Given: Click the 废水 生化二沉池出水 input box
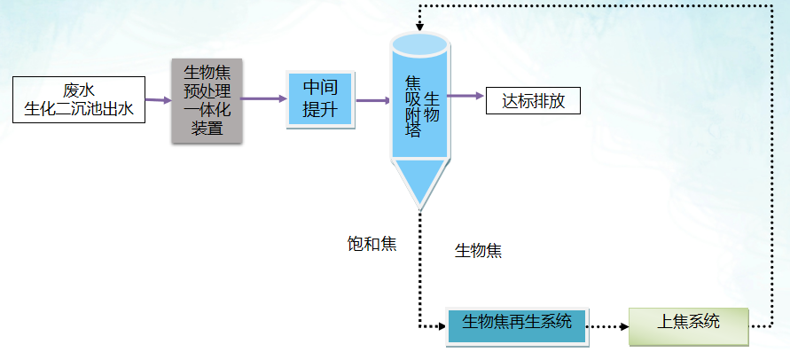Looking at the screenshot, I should click(79, 99).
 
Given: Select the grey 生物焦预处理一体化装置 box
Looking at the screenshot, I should click(206, 100).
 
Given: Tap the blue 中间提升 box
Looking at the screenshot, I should click(320, 99).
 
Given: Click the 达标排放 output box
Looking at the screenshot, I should click(533, 100).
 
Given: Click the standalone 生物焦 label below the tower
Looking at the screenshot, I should click(478, 250).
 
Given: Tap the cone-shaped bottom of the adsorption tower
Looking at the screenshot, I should click(419, 185).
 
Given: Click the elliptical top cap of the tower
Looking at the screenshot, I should click(419, 43).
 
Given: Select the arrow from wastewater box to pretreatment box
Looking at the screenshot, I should click(158, 100).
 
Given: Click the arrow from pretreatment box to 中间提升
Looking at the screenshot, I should click(263, 98).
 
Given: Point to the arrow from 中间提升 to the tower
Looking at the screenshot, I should click(372, 100).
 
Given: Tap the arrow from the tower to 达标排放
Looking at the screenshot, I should click(465, 95).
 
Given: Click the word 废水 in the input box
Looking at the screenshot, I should click(79, 90).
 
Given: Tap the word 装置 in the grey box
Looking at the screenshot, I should click(207, 128).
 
